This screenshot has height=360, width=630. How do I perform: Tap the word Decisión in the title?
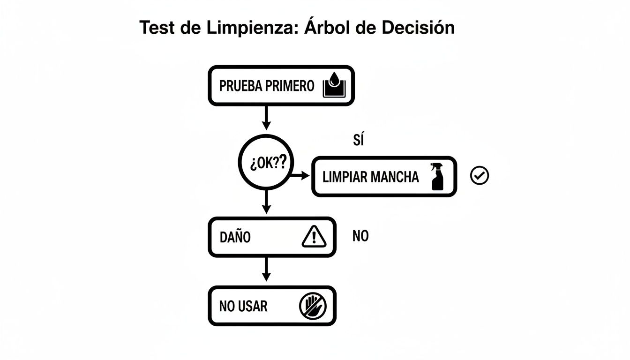pos(418,28)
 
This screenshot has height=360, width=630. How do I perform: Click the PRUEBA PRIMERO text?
pos(266,86)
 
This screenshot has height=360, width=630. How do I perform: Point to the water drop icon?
pos(334,87)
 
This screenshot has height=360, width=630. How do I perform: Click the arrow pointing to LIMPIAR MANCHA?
pos(300,176)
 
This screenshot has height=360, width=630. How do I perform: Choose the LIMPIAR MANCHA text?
pos(370,177)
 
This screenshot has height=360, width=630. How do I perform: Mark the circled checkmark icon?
pos(479,176)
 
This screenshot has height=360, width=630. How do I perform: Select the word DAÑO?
pos(235,237)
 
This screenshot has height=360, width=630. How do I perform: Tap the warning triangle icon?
pos(314,236)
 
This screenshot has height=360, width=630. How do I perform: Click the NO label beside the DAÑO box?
pos(360,236)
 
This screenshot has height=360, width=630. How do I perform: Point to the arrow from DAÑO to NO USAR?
pos(266,269)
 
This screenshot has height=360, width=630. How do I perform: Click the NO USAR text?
pos(243,307)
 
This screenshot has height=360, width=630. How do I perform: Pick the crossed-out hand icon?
pos(313,306)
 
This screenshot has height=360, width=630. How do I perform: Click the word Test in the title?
pos(158,28)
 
